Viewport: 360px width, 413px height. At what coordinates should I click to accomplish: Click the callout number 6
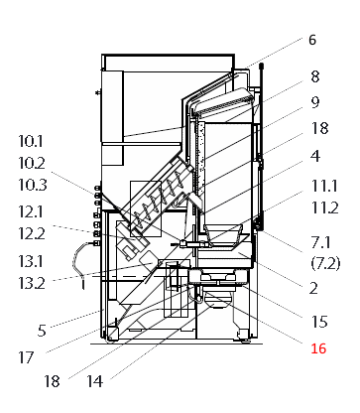(x=311, y=41)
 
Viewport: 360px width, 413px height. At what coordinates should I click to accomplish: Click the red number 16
(x=318, y=348)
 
